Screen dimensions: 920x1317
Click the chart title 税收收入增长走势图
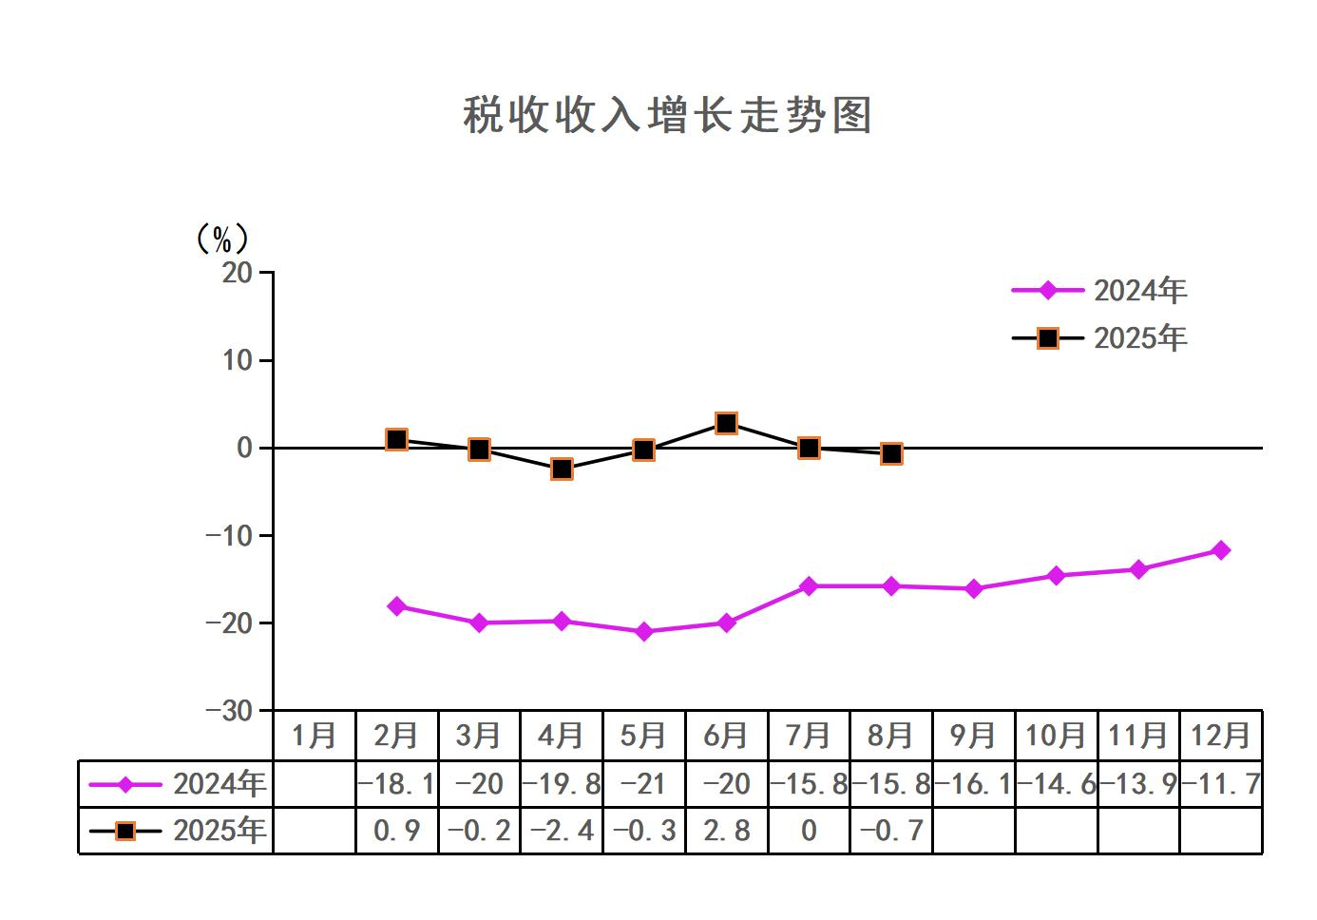point(667,116)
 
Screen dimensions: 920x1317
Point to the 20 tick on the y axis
point(238,273)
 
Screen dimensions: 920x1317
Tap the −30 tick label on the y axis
point(230,711)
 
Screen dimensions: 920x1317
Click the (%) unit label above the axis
point(221,239)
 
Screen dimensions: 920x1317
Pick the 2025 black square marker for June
point(726,423)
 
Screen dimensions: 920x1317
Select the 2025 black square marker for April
point(562,469)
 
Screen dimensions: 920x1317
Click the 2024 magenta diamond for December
point(1221,550)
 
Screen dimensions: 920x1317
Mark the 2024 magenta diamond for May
point(644,631)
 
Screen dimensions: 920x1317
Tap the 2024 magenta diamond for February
point(397,606)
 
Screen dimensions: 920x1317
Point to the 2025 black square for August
point(891,454)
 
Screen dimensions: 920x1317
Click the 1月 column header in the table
point(315,736)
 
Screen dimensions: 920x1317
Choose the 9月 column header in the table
point(973,736)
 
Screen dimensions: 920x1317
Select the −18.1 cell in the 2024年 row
point(397,784)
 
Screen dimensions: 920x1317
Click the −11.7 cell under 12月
point(1221,784)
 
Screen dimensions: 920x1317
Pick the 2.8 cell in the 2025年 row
point(726,831)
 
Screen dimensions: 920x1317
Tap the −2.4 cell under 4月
point(562,831)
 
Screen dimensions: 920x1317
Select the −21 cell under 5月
point(644,784)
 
